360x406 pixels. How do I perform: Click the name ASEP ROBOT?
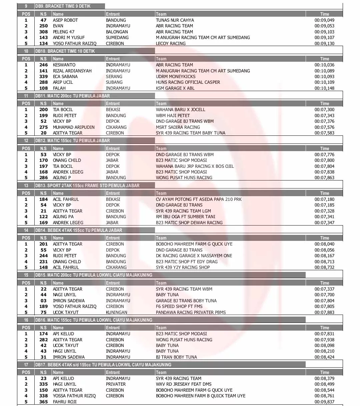tap(65, 20)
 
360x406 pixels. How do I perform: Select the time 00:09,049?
tap(324, 20)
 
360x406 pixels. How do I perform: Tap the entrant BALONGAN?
tap(117, 32)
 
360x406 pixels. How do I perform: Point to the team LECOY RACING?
tap(171, 43)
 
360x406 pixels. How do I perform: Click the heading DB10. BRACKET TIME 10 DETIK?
tap(65, 51)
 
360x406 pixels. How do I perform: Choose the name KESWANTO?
tap(64, 65)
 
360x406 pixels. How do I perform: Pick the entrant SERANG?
tap(114, 76)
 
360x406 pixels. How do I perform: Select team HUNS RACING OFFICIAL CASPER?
tap(188, 82)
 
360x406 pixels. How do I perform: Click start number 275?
tap(44, 127)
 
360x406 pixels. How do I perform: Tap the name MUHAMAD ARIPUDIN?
tap(74, 127)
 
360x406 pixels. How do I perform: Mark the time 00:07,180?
tap(324, 199)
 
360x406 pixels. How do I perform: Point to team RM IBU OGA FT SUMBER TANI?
tap(186, 217)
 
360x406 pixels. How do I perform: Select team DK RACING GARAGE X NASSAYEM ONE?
tap(194, 256)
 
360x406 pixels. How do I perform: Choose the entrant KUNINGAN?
tap(116, 312)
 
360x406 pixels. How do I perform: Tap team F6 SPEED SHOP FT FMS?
tap(179, 306)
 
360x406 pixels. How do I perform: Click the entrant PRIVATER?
tap(116, 384)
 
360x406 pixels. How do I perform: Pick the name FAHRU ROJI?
tap(65, 402)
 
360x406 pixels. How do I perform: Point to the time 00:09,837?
tap(324, 402)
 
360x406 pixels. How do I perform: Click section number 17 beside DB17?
tap(26, 365)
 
